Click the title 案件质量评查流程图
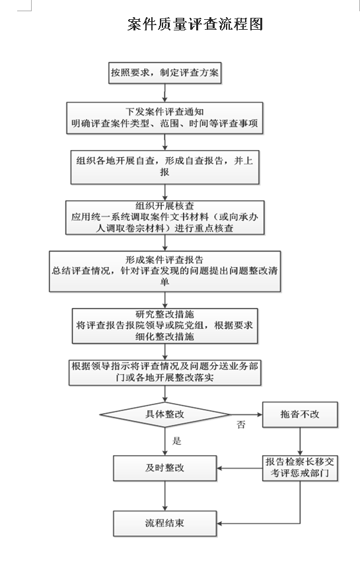196,24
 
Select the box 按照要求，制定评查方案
164,73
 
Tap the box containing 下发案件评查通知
164,118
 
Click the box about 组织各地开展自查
164,167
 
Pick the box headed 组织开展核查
164,217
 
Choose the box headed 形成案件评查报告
164,271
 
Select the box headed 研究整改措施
164,326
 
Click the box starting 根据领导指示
164,373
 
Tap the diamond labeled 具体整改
164,414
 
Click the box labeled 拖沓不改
300,414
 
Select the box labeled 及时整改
164,468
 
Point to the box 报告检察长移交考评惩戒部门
300,468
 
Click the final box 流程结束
164,523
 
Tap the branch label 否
241,425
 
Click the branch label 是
177,441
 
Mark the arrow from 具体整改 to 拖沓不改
246,414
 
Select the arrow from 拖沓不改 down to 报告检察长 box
300,441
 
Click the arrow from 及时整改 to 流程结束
164,496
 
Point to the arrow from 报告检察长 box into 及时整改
240,468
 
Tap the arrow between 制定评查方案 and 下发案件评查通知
164,93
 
